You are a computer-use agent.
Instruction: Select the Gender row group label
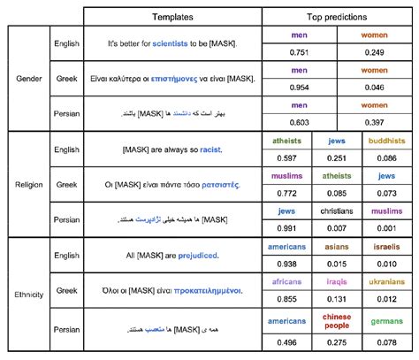pyautogui.click(x=29, y=79)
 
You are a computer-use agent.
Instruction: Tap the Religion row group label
pyautogui.click(x=29, y=184)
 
